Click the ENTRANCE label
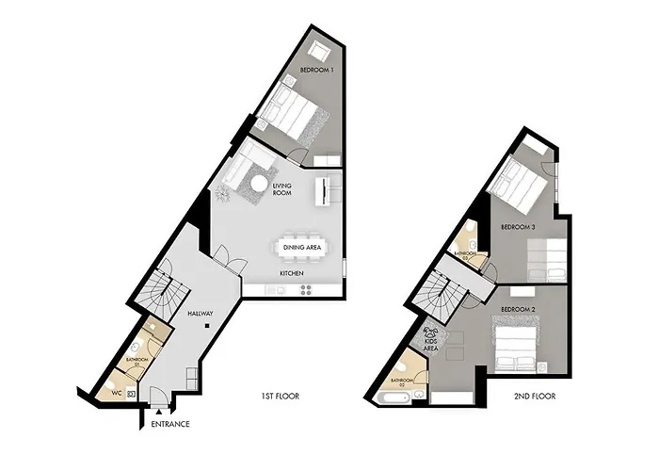point(170,424)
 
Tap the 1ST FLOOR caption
point(280,397)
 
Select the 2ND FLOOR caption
point(535,397)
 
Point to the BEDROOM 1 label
point(317,70)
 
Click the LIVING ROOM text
point(282,189)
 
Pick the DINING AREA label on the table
point(302,247)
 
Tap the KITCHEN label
point(292,273)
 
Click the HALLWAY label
point(200,314)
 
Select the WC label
point(117,394)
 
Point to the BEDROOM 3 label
point(518,227)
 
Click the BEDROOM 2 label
point(518,310)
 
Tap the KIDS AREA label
point(431,345)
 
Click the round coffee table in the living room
point(258,184)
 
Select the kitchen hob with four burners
point(306,289)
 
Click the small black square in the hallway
point(207,325)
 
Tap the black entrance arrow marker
point(159,413)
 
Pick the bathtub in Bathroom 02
point(394,398)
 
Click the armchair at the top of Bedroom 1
point(318,51)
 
